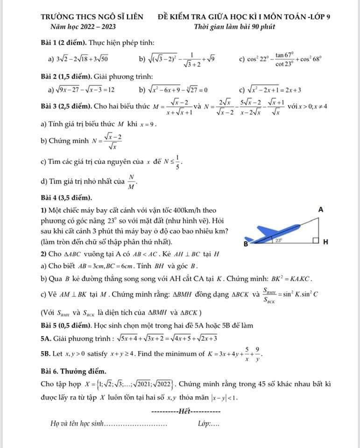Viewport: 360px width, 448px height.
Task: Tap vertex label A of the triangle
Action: point(321,210)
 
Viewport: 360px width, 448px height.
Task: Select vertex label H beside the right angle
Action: point(326,242)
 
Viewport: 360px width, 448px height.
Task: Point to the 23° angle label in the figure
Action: point(279,240)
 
